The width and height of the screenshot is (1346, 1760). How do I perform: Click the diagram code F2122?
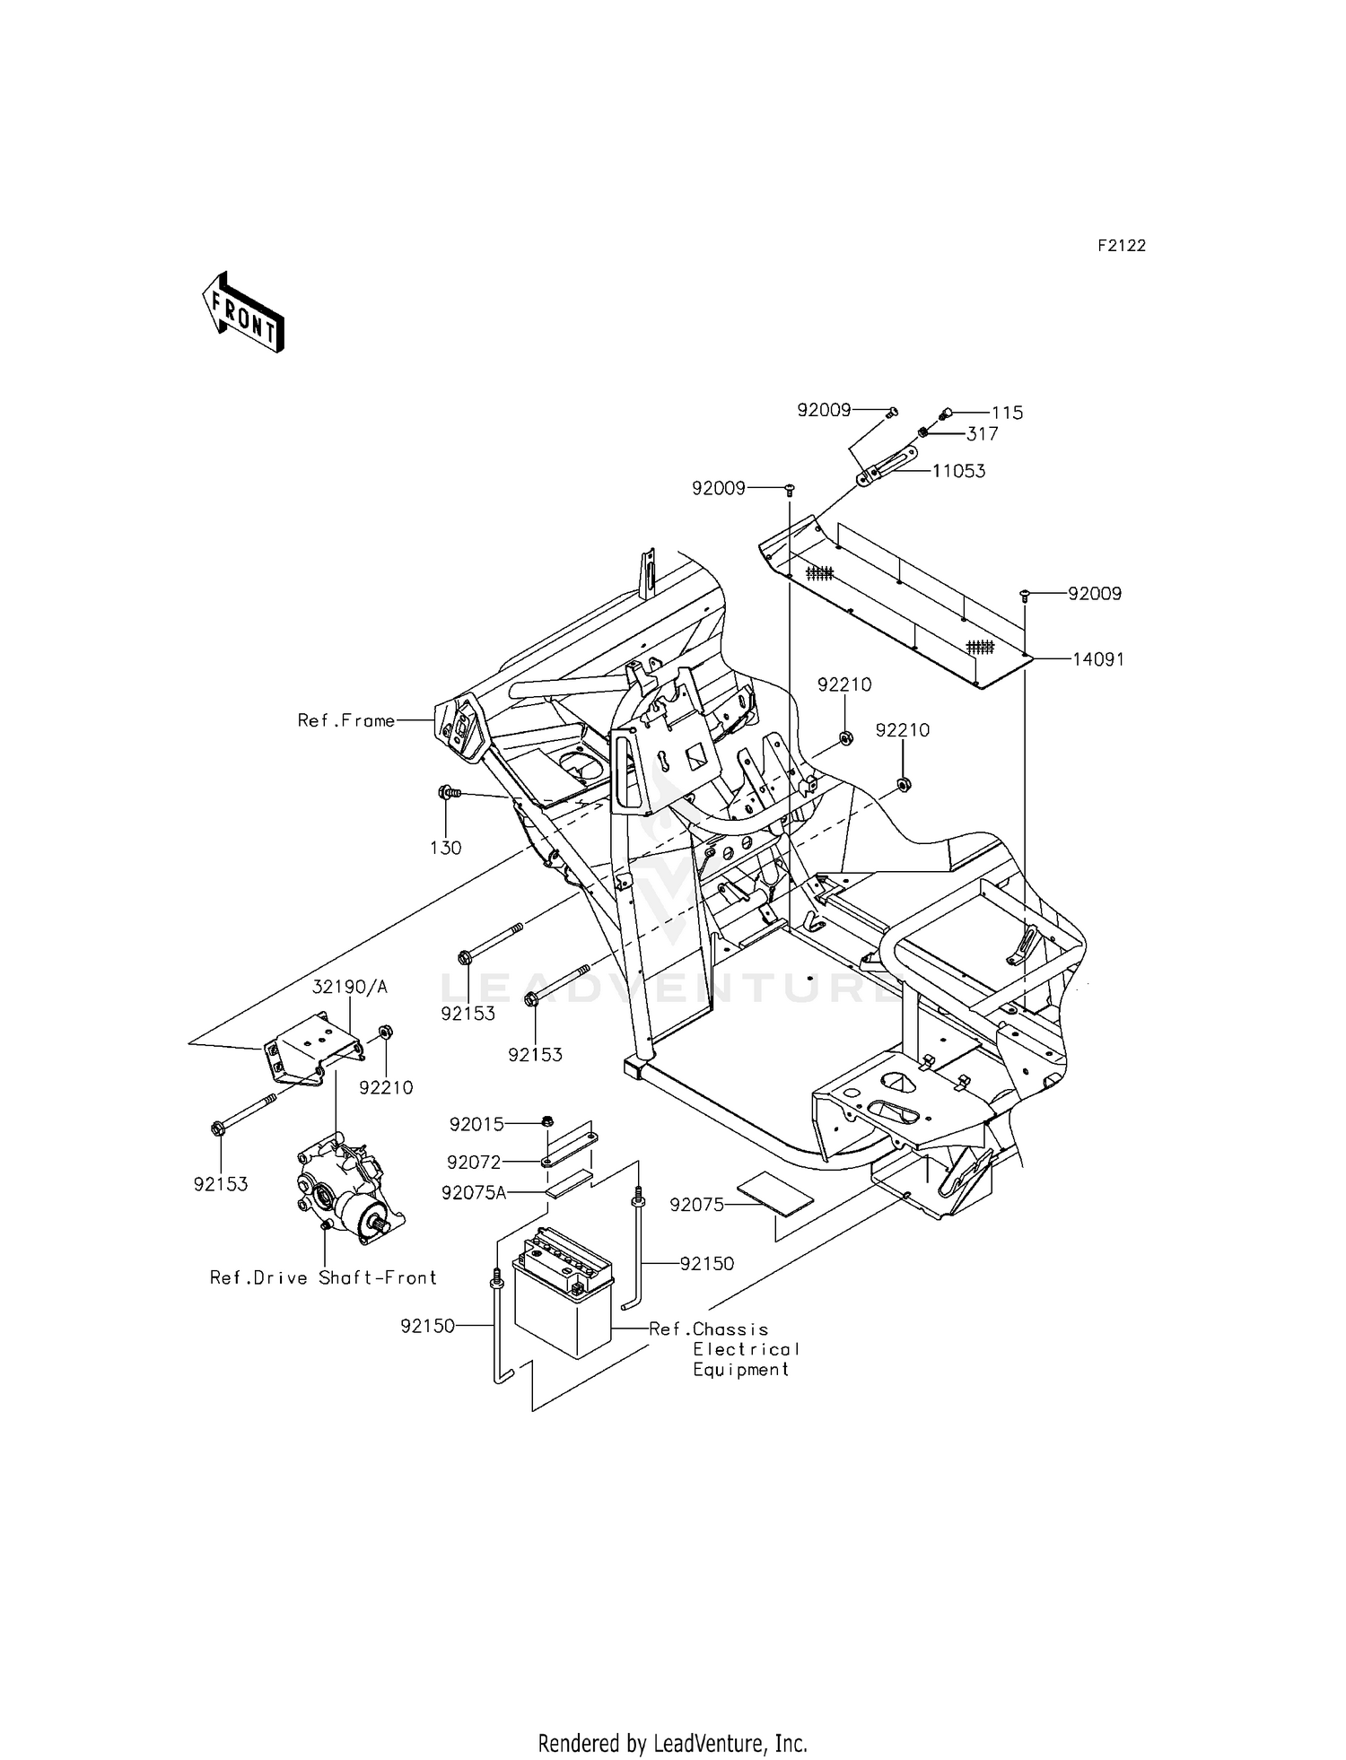point(1121,246)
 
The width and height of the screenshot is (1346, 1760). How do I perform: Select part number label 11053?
point(958,472)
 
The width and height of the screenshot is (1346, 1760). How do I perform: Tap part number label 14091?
point(1098,659)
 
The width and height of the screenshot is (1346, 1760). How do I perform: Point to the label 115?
point(1007,414)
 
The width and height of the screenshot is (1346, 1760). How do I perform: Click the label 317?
point(982,434)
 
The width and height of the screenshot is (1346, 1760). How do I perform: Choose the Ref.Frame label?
point(346,720)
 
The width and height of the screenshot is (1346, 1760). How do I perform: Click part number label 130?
point(446,848)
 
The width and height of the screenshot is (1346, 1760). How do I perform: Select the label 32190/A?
point(350,987)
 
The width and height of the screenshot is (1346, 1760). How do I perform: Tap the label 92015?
point(476,1124)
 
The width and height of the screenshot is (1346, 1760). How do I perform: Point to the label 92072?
point(474,1163)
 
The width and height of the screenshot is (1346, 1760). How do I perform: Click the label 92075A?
point(474,1193)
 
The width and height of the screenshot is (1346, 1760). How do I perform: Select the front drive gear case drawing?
point(348,1189)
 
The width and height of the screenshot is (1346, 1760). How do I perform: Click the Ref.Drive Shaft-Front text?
point(323,1277)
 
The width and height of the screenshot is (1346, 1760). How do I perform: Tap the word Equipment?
point(740,1370)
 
